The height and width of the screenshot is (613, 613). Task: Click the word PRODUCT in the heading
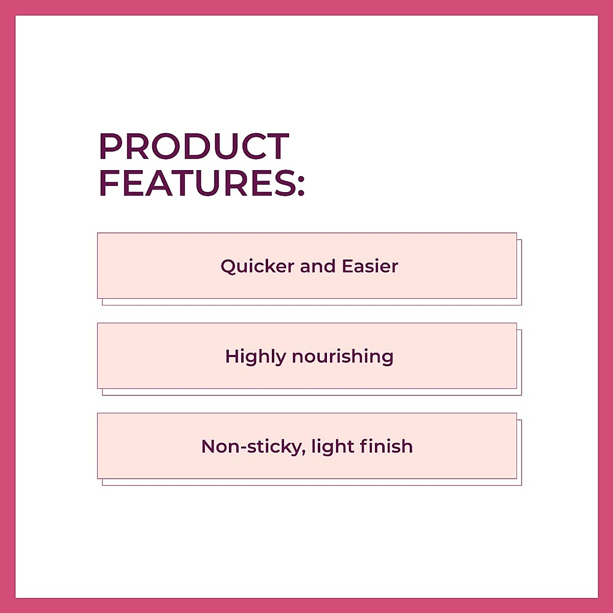point(194,147)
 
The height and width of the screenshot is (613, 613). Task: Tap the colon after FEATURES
point(301,184)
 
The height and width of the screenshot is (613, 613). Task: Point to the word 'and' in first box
point(317,266)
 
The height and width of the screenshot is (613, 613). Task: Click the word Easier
point(370,266)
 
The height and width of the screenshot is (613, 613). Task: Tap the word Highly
point(255,357)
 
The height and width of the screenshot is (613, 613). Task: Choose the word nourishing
point(342,357)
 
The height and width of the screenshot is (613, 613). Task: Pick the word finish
point(386,446)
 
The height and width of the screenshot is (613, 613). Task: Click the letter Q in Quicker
point(228,267)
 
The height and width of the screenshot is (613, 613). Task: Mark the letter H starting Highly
point(232,356)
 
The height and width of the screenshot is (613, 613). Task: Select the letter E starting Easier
point(347,266)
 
